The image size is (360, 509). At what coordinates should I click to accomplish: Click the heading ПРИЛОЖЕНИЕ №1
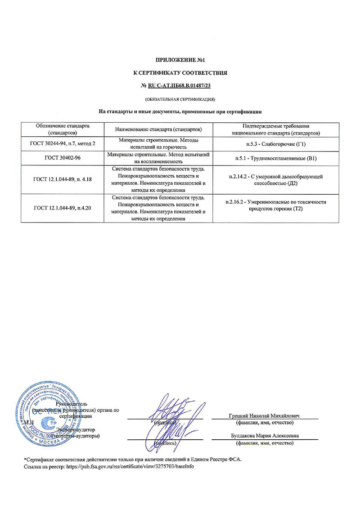pos(180,59)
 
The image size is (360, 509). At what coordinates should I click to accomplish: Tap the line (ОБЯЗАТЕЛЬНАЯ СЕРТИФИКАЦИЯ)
pos(180,98)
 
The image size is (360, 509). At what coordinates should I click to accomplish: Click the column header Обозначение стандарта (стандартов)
pos(63,129)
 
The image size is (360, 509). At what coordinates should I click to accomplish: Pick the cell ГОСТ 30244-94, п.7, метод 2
pos(63,144)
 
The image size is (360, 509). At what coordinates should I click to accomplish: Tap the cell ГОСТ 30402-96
pos(63,158)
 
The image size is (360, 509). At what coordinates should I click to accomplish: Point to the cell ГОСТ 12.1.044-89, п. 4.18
pos(63,179)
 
